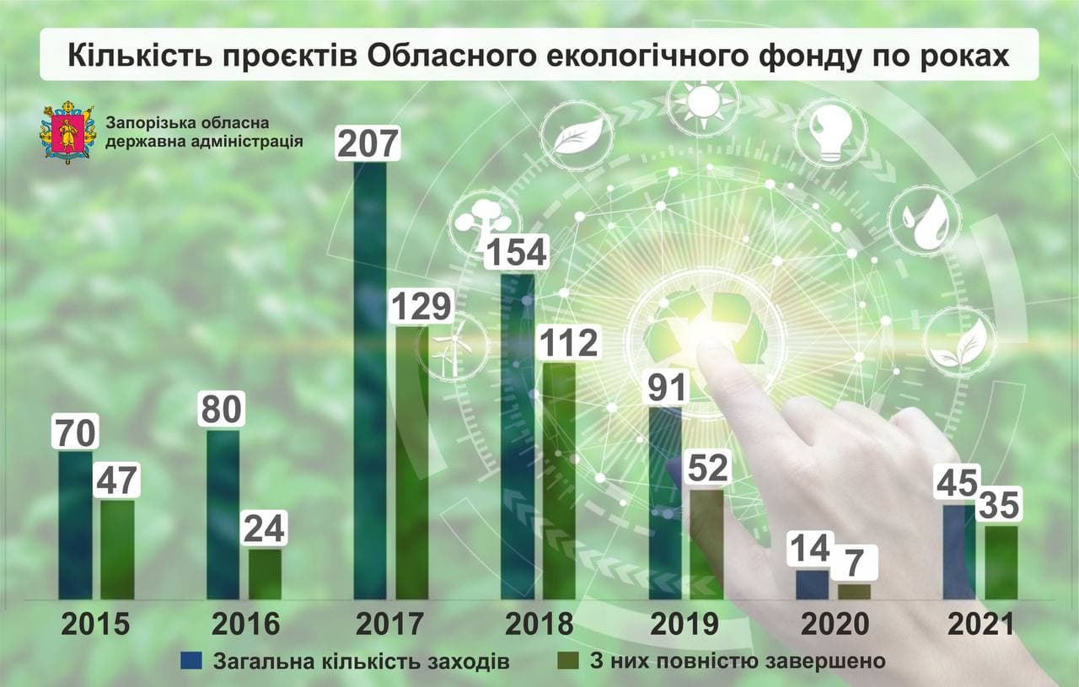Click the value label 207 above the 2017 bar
click(367, 142)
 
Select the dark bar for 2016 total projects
click(223, 514)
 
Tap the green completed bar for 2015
click(117, 550)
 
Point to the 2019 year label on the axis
click(684, 624)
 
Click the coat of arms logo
click(62, 132)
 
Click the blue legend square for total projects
click(192, 660)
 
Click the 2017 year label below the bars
click(389, 624)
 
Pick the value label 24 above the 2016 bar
click(265, 529)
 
